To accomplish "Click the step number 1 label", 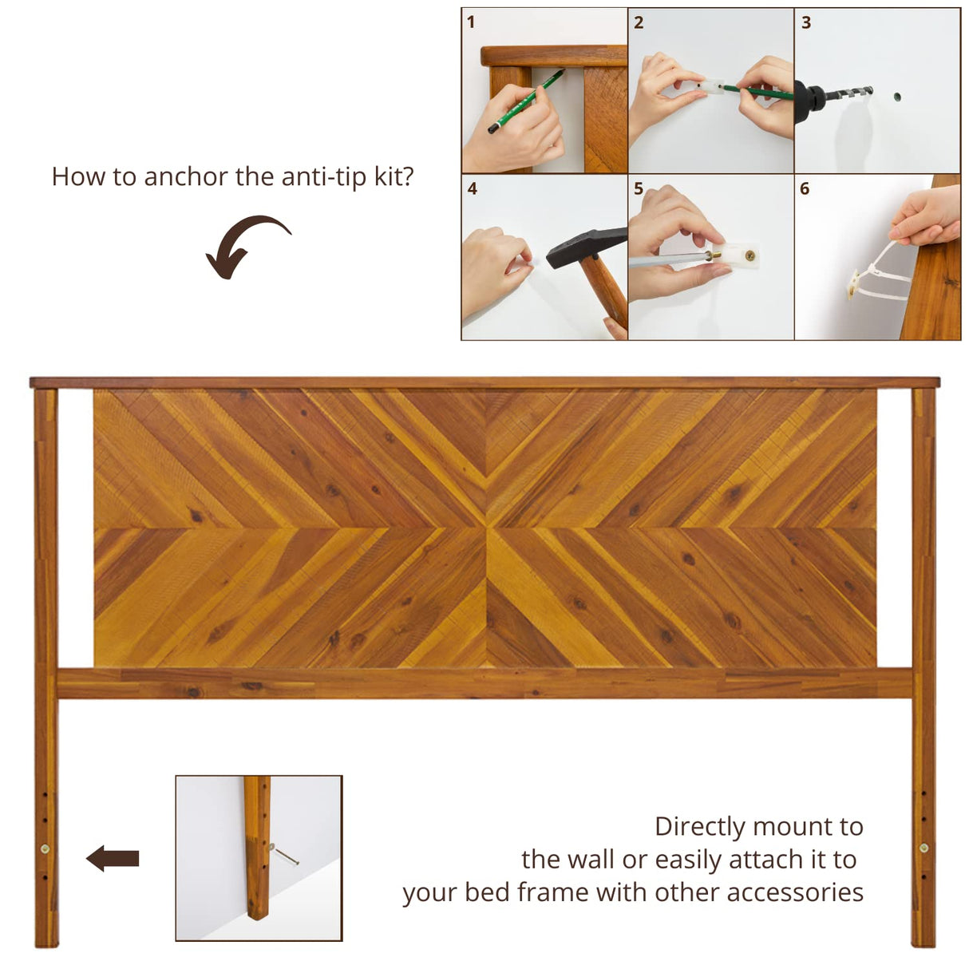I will coord(471,22).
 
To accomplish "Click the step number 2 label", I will coord(639,22).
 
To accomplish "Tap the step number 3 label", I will coord(806,22).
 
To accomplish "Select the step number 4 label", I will coord(472,189).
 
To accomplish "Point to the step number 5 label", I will coord(639,189).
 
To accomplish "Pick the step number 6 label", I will coord(805,189).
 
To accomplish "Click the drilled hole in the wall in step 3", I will coord(896,97).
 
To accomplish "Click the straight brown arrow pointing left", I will coord(113,859).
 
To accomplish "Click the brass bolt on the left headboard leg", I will coord(45,848).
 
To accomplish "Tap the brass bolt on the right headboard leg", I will coord(924,848).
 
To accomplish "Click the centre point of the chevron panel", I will coord(485,528).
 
